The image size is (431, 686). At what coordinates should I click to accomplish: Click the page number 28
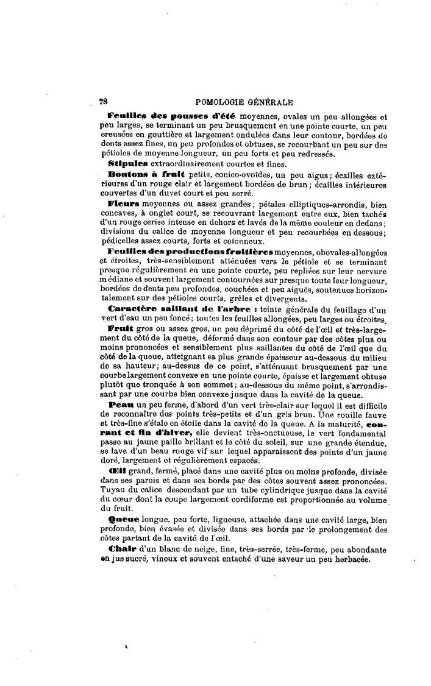coord(103,103)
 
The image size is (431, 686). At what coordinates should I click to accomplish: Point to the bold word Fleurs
coord(123,203)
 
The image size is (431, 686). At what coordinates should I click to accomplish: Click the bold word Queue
coord(121,519)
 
